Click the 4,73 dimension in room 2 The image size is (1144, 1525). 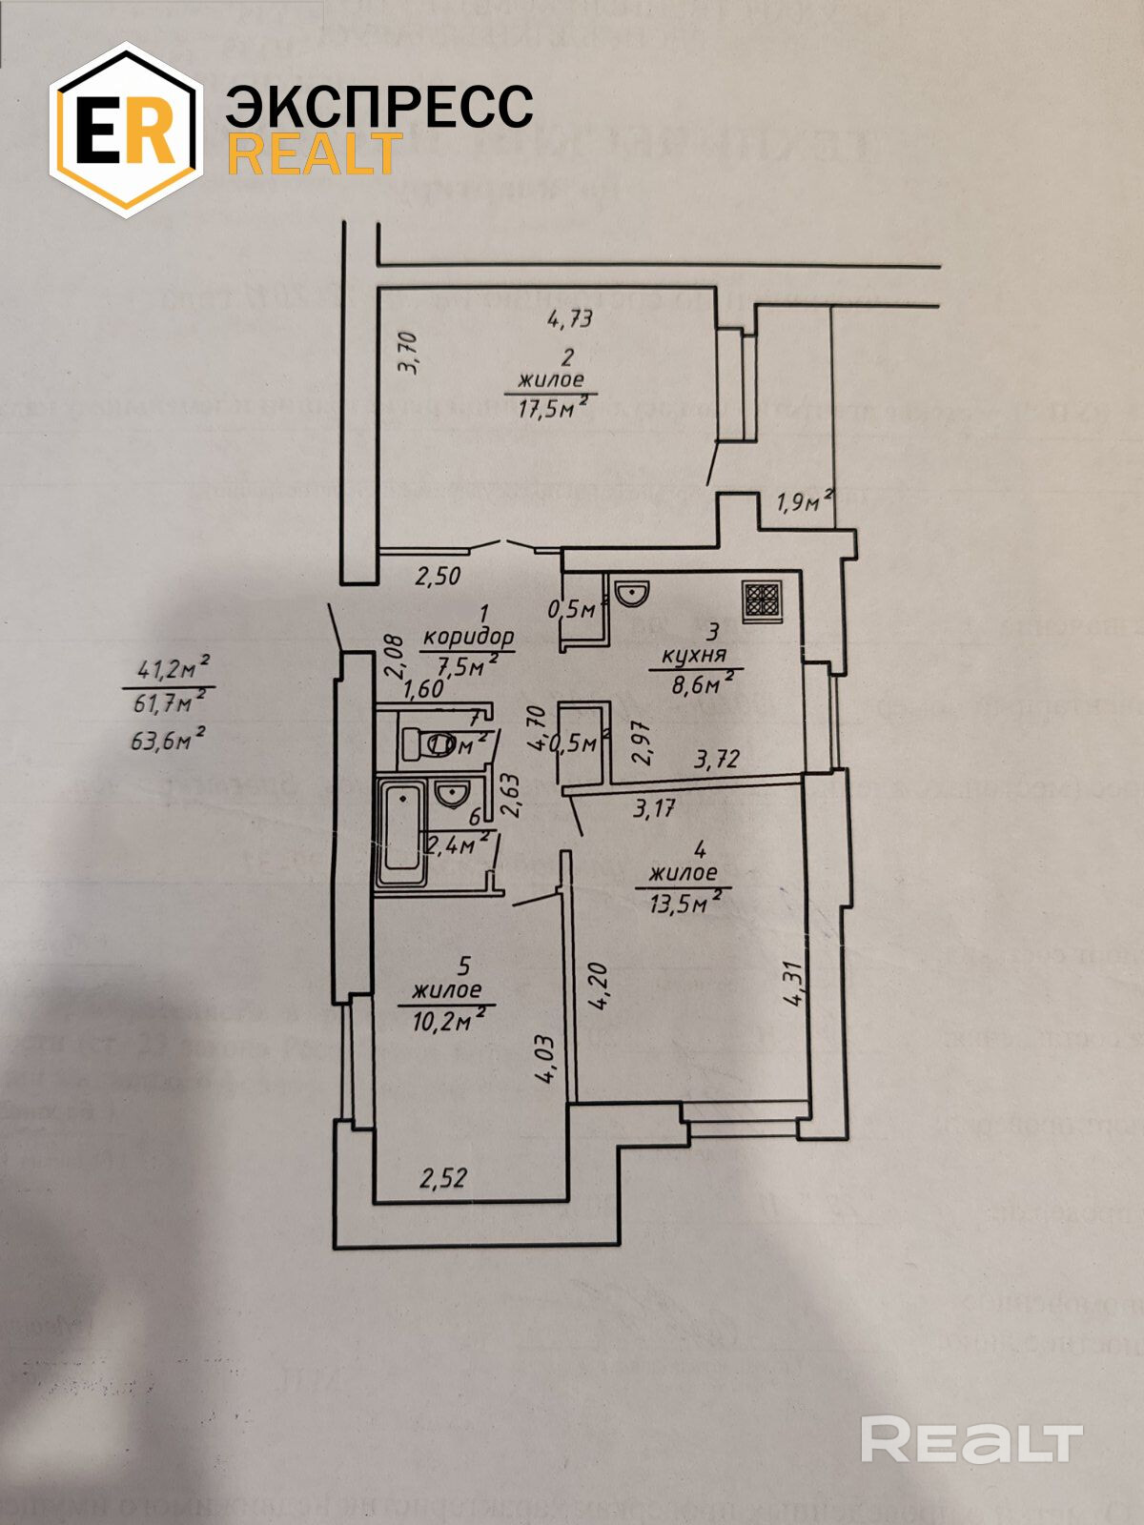click(x=570, y=318)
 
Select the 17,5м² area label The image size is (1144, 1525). click(x=551, y=409)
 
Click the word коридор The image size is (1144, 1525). click(x=469, y=636)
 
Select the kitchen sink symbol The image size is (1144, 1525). click(x=631, y=594)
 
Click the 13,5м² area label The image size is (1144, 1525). click(x=684, y=902)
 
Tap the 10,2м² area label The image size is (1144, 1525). click(x=446, y=1021)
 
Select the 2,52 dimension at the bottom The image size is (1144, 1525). click(x=444, y=1179)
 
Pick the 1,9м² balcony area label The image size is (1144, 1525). click(x=805, y=501)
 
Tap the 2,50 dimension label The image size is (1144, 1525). click(x=438, y=576)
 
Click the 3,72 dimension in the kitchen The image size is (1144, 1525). click(x=717, y=759)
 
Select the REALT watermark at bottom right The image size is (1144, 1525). click(x=971, y=1439)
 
